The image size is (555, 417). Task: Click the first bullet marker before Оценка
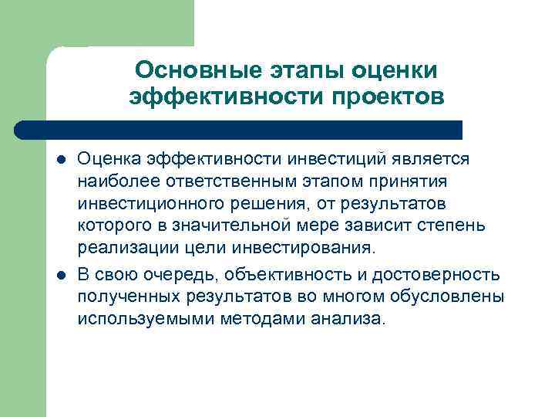click(60, 160)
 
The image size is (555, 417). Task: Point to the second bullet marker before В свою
click(60, 276)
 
